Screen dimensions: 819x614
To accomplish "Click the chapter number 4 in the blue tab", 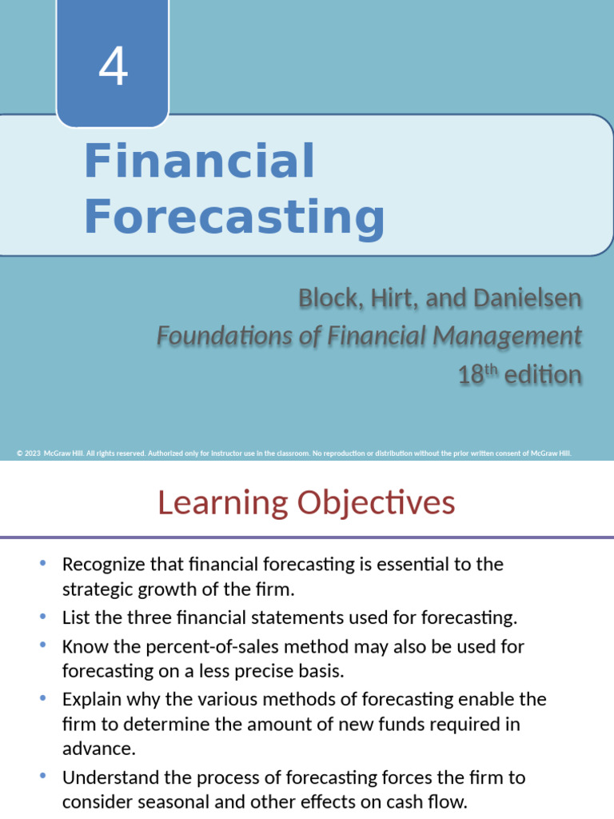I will click(113, 67).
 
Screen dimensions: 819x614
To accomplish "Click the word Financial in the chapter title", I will click(199, 161).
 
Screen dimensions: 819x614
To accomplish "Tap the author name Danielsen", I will click(530, 298).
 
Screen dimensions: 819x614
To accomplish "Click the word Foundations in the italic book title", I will click(215, 336).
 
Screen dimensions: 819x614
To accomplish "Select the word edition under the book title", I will click(543, 374).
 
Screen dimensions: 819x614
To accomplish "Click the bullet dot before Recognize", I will click(42, 562).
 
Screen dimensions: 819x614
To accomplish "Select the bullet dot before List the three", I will click(42, 616).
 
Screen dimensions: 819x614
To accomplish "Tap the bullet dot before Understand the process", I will click(42, 776).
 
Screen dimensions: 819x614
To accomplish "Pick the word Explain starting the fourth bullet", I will click(90, 699).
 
